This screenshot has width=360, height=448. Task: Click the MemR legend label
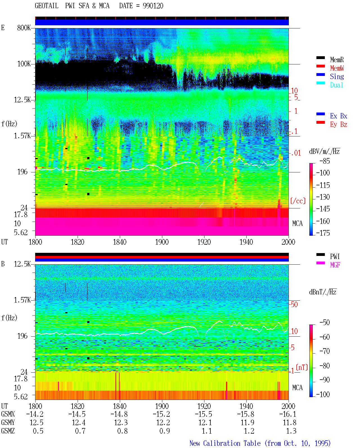pos(337,60)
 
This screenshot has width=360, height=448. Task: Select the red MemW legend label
pos(337,68)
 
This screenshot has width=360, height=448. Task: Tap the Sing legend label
pos(337,76)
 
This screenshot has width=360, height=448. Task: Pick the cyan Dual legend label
pos(336,85)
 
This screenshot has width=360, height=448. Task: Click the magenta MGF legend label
pos(335,265)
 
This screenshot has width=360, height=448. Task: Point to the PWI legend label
pos(335,256)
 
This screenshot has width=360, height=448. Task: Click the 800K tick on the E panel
pos(24,28)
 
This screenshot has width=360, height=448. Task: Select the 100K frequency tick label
pos(24,64)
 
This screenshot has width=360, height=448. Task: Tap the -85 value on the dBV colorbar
pos(325,161)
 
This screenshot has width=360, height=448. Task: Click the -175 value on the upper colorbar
pos(323,233)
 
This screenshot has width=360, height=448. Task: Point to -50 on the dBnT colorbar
pos(325,323)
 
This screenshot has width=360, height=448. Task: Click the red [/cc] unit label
pos(298,201)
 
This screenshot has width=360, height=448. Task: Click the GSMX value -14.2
pos(35,414)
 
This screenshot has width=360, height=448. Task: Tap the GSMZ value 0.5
pos(38,431)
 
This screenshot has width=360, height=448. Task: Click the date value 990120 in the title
pos(153,6)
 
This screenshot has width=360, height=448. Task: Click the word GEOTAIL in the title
pos(47,6)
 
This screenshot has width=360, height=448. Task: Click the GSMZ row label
pos(8,431)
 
